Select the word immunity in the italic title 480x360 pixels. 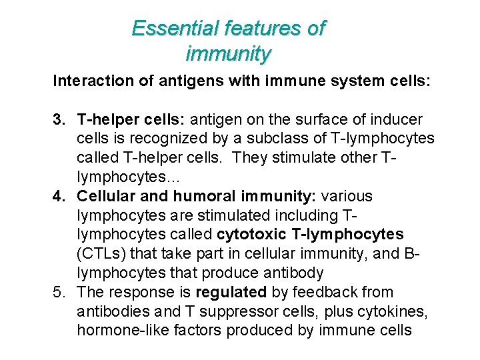[x=229, y=53]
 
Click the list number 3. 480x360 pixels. [x=58, y=120]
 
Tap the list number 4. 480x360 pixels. [x=58, y=197]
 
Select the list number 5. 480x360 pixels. [x=58, y=292]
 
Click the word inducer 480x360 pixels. [x=398, y=120]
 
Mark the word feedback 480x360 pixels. [x=323, y=292]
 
